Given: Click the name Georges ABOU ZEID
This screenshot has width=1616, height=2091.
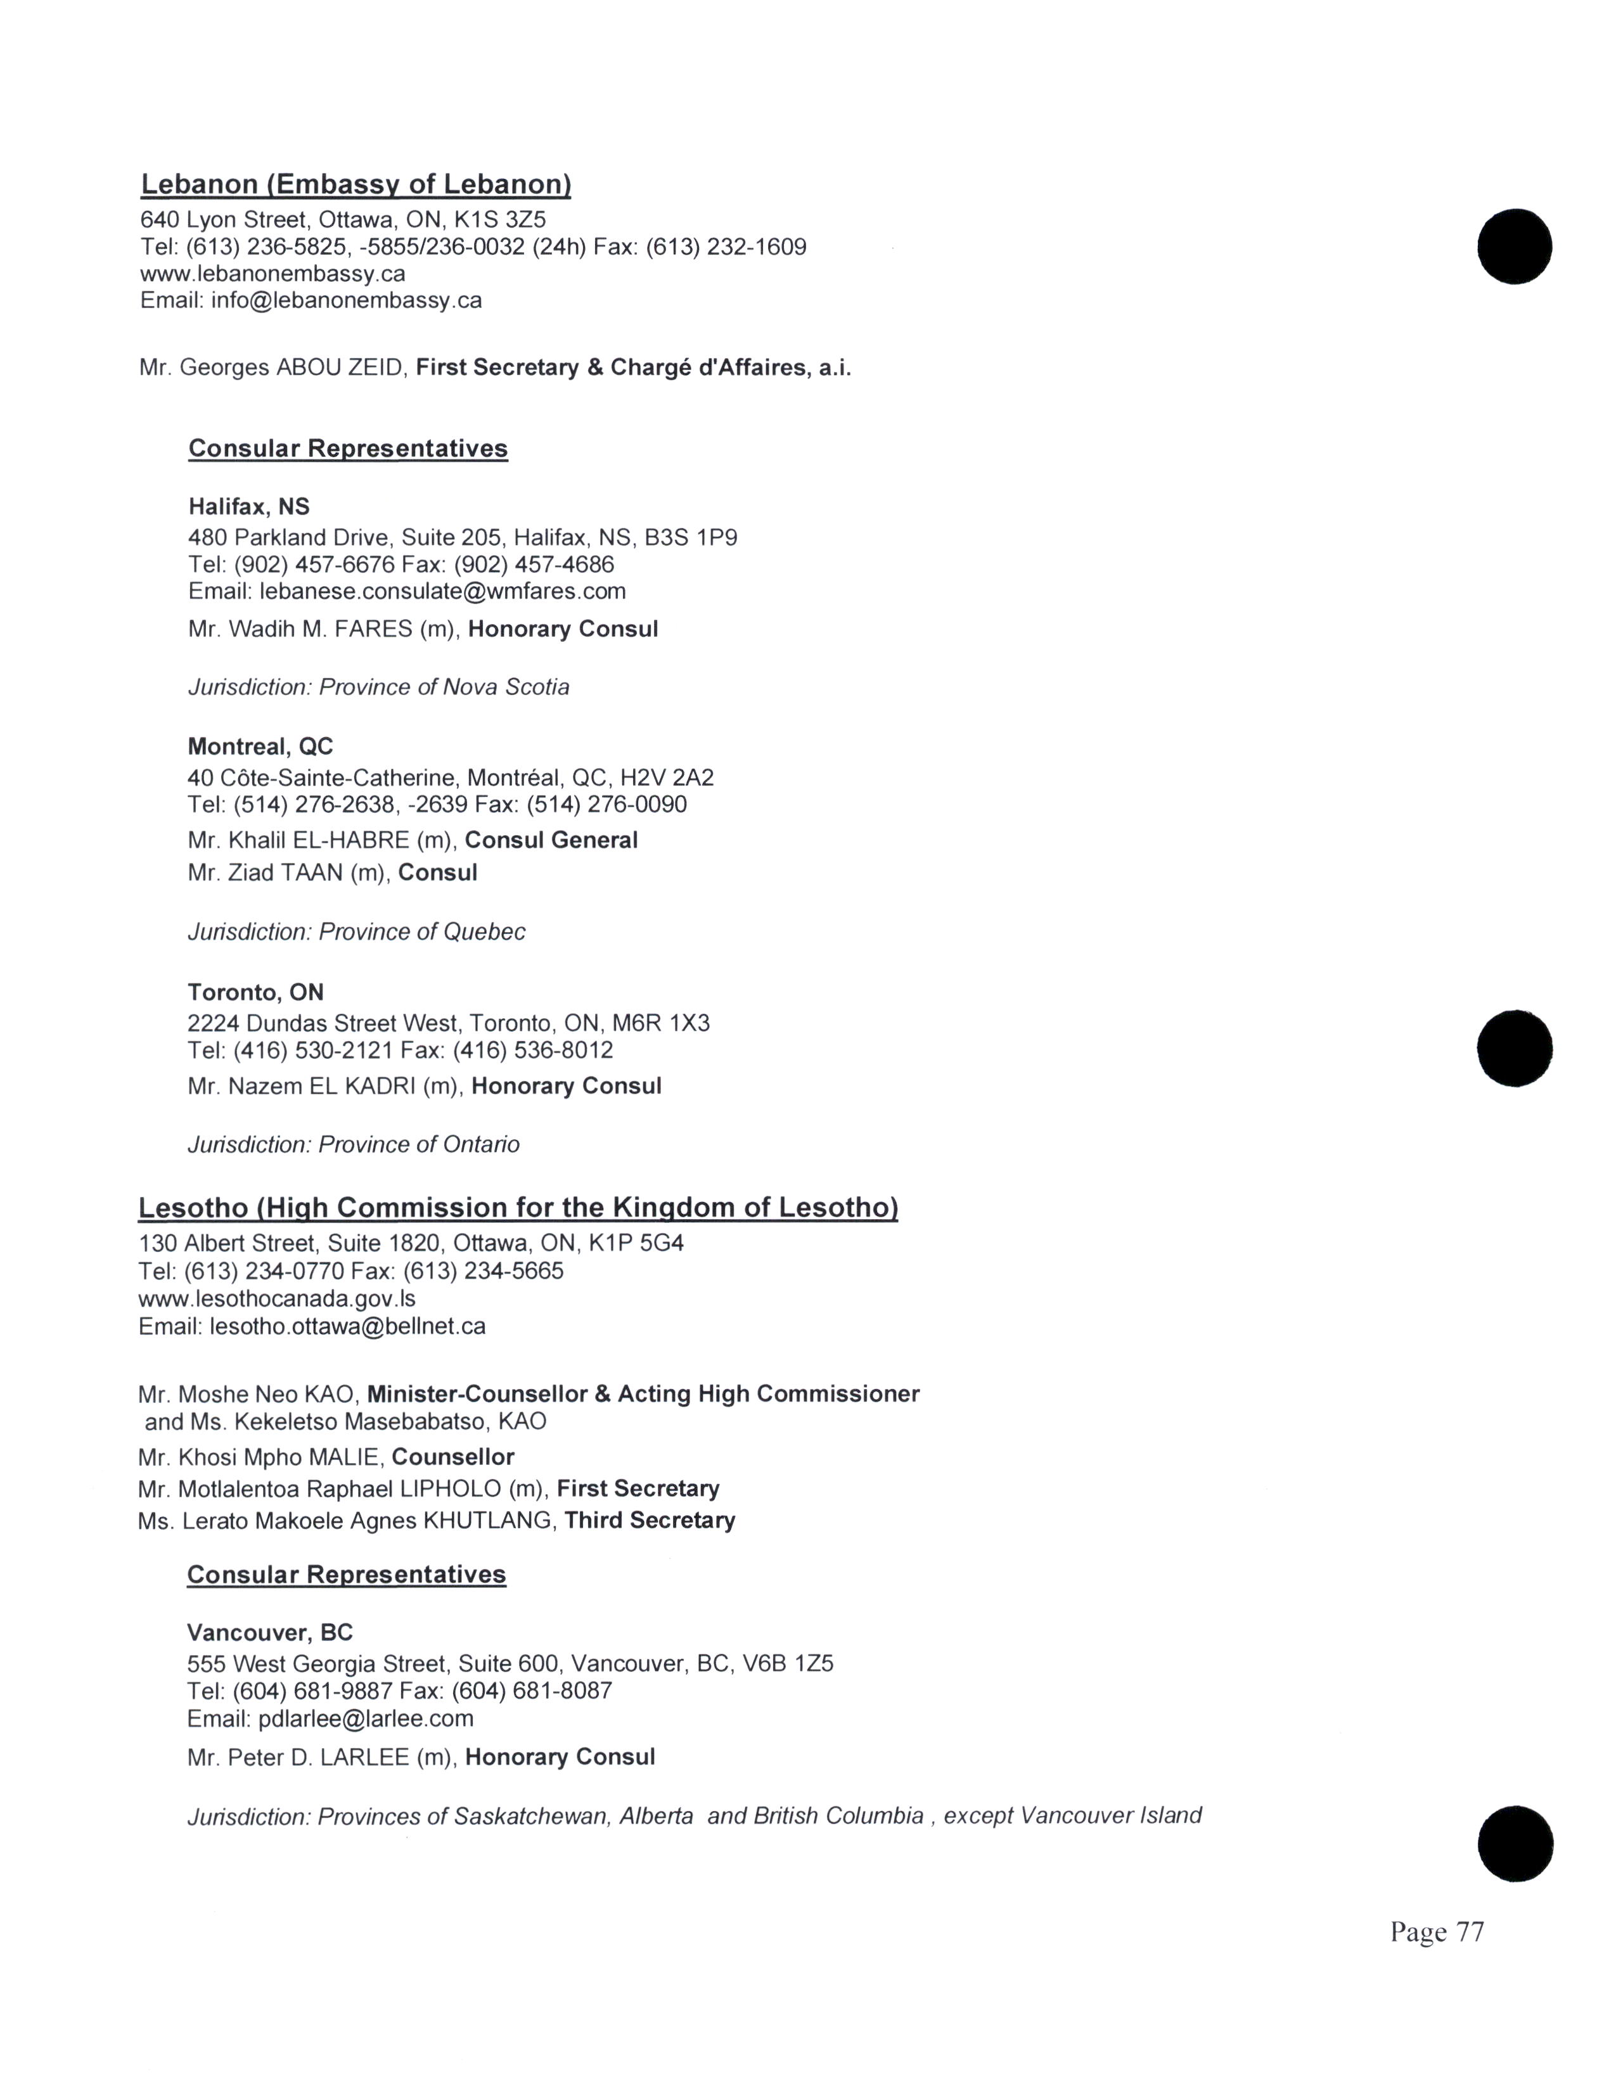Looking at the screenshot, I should point(291,368).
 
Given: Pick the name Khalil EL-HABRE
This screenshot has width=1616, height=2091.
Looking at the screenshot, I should point(319,841).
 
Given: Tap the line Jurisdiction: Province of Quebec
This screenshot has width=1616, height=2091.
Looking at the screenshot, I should point(356,931).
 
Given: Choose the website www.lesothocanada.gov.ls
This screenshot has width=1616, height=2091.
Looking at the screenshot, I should point(277,1299).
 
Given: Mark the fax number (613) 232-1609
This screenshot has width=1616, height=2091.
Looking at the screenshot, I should point(726,247).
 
